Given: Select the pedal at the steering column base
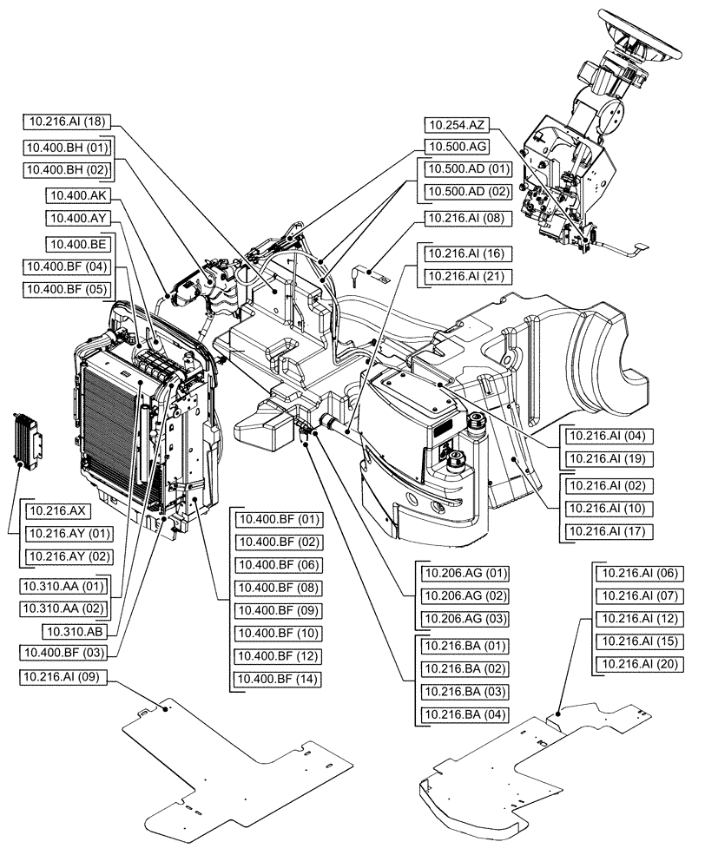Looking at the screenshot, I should [639, 250].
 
